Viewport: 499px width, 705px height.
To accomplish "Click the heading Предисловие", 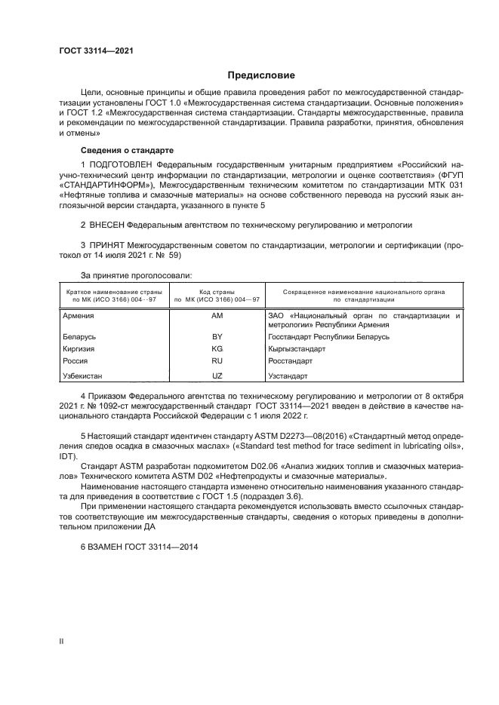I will pyautogui.click(x=262, y=75).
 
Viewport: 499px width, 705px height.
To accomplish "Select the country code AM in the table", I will pyautogui.click(x=217, y=316).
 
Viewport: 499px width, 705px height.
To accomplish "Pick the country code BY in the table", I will pyautogui.click(x=217, y=337).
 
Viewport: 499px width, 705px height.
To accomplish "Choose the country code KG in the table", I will pyautogui.click(x=217, y=350).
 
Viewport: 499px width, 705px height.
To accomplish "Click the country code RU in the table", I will pyautogui.click(x=217, y=362).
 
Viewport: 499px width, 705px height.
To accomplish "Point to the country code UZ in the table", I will pyautogui.click(x=217, y=375).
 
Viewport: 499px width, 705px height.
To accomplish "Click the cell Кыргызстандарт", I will pyautogui.click(x=297, y=350).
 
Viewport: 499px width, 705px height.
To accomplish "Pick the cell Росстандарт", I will pyautogui.click(x=290, y=362).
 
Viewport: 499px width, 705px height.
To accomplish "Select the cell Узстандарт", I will pyautogui.click(x=288, y=375).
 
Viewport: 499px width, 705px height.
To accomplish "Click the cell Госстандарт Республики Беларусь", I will pyautogui.click(x=328, y=337).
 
